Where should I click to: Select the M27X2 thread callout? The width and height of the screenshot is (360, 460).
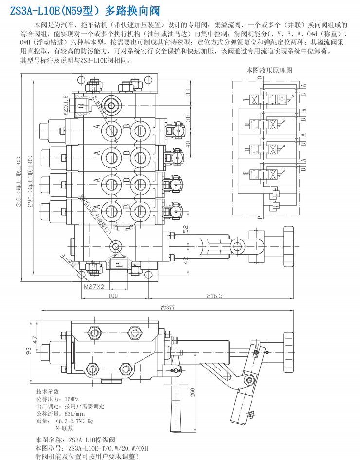pos(94,287)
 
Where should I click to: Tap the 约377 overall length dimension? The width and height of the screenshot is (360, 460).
pos(168,308)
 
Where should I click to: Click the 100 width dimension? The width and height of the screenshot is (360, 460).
pos(112,295)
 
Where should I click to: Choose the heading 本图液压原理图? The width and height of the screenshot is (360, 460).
pos(270,70)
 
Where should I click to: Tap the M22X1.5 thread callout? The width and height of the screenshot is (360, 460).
pos(66,105)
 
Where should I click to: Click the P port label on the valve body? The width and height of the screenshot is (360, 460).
pos(118,264)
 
